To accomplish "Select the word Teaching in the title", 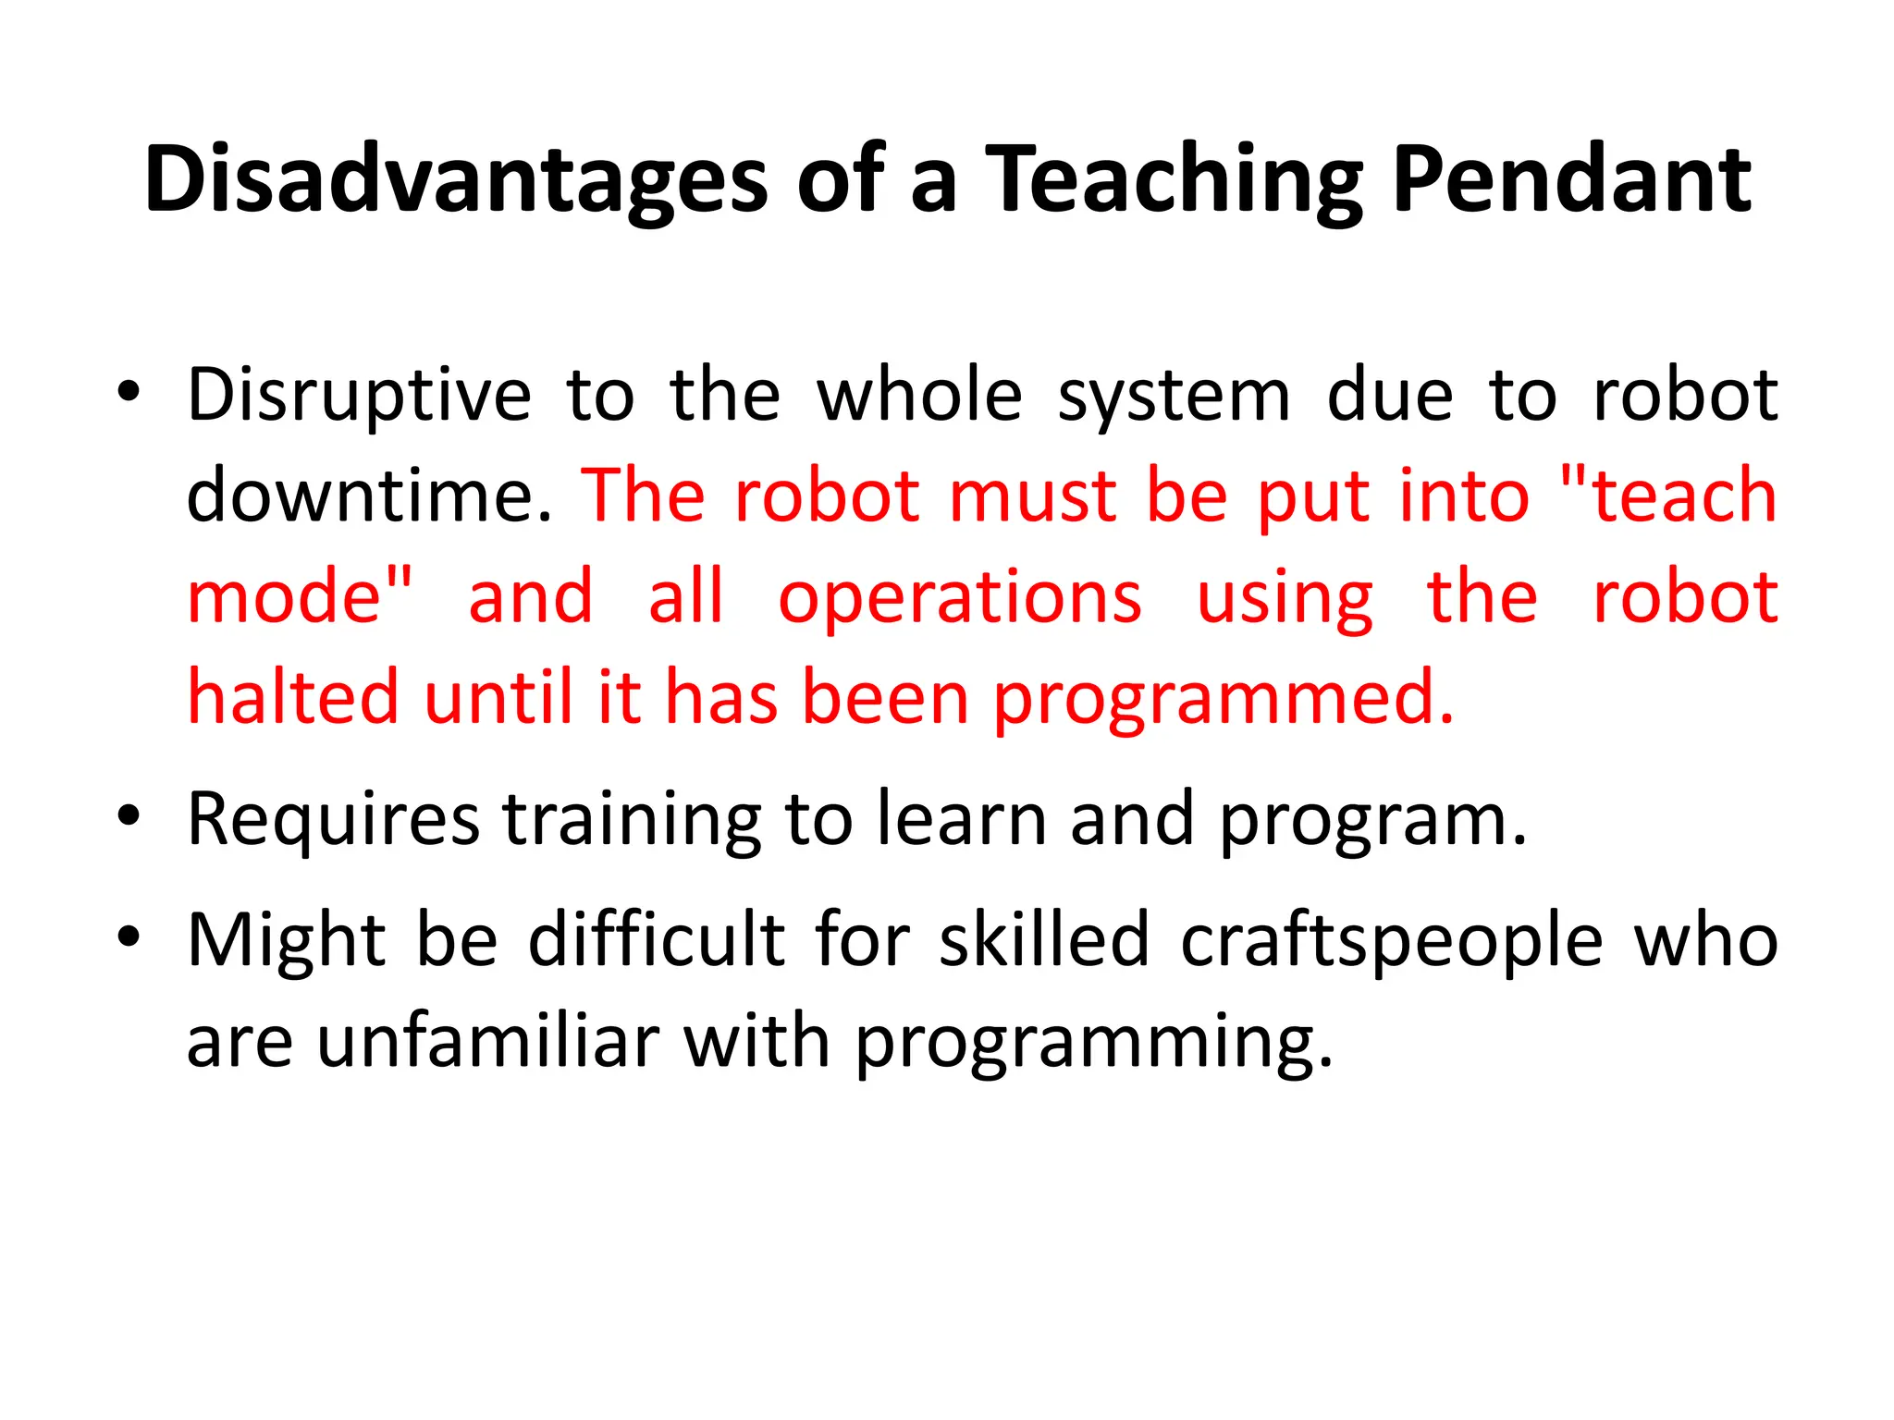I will point(1173,179).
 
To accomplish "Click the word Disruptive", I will point(359,396).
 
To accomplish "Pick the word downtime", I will point(369,496).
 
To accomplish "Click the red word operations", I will point(960,598).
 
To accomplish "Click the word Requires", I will point(333,820).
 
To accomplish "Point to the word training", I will point(632,820).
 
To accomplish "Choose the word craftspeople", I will point(1392,942).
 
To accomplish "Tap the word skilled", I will point(1044,940).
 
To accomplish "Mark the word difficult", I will point(657,940).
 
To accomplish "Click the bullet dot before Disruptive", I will point(129,392).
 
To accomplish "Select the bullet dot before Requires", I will point(129,815).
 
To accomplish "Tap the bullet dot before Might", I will point(129,936).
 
